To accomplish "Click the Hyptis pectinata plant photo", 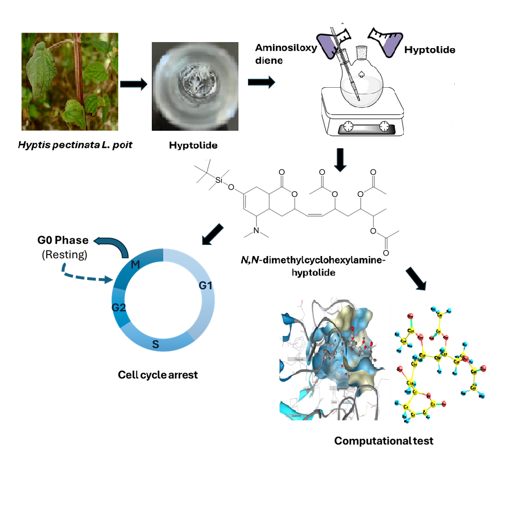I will tap(70, 81).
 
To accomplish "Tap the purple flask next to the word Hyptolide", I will tap(387, 41).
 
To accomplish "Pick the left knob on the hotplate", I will tap(348, 126).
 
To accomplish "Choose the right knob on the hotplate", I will tap(384, 126).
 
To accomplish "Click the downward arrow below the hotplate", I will tap(341, 159).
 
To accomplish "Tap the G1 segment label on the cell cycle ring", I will tap(206, 286).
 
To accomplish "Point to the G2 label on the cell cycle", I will tap(119, 307).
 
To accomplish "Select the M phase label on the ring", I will tap(135, 264).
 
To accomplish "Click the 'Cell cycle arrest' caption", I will tap(158, 374).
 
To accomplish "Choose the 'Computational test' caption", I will tap(384, 441).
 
